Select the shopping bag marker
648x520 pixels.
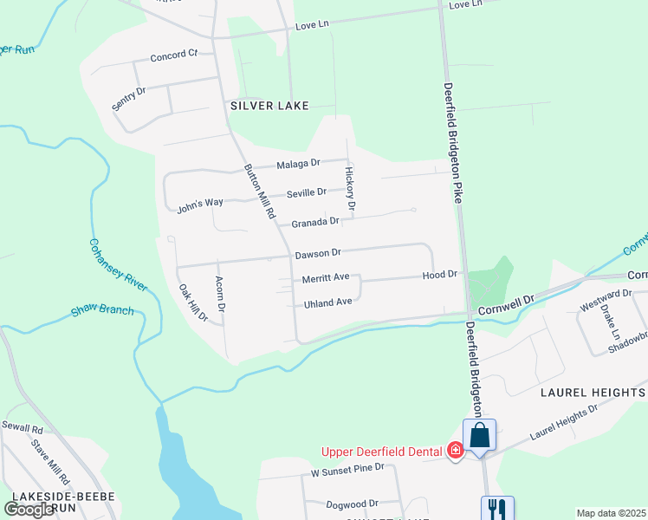(479, 437)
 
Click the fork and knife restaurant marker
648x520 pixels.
(497, 509)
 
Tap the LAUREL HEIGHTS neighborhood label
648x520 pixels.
(593, 393)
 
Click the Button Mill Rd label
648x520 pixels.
(259, 191)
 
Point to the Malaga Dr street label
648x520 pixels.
(299, 163)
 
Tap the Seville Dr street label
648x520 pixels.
(308, 192)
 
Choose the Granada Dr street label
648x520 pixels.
(314, 222)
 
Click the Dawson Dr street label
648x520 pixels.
(318, 253)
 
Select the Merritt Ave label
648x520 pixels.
(325, 278)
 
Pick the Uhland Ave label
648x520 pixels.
(327, 302)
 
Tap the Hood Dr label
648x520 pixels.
(439, 275)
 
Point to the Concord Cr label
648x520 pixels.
(174, 55)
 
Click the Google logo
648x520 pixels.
(29, 510)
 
